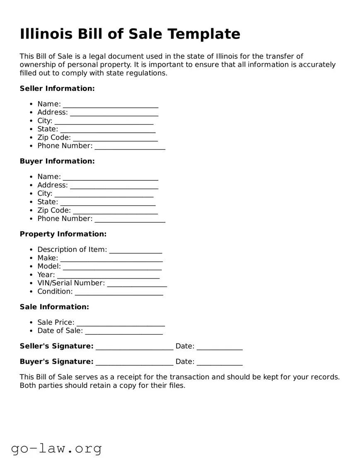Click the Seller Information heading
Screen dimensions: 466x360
coord(57,88)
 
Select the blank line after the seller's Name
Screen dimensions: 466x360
coord(110,105)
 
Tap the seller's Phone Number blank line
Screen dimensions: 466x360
coord(130,147)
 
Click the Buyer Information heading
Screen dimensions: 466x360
coord(57,161)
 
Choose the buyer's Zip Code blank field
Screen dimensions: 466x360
coord(115,211)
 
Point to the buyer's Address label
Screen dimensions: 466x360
coord(52,185)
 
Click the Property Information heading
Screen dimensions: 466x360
coord(63,234)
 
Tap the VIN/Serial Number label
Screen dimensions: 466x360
coord(71,283)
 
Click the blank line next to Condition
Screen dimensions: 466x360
coord(119,292)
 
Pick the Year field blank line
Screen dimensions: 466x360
coord(108,276)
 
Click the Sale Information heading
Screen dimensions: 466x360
coord(54,307)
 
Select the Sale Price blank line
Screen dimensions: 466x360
coord(121,323)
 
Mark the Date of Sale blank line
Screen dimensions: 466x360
coord(124,332)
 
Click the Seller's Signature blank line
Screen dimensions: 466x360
coord(134,347)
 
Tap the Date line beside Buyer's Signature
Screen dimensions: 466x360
coord(219,363)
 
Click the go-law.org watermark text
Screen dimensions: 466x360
coord(56,448)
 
